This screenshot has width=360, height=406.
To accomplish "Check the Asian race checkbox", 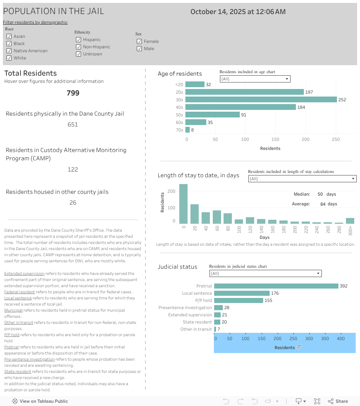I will (9, 36).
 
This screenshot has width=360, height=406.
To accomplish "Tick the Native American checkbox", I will (9, 51).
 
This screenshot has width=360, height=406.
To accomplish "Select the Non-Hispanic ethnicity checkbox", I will (78, 47).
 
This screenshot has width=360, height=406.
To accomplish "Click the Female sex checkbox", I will (139, 41).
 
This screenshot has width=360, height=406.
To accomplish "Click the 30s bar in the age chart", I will (261, 99).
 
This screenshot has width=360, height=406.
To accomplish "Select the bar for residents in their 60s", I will (196, 122).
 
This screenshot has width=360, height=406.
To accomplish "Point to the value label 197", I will (309, 92).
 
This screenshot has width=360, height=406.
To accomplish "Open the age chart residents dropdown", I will (255, 79).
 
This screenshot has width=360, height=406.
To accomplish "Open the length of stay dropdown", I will (302, 179).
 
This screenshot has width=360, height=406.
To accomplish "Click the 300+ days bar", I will (350, 221).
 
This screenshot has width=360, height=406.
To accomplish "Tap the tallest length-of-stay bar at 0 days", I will (183, 204).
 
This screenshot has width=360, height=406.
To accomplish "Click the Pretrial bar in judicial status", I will (276, 286).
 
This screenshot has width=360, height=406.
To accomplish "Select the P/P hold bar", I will (239, 300).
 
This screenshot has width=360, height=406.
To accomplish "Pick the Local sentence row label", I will (197, 293).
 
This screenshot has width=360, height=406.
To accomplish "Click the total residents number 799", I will (73, 93).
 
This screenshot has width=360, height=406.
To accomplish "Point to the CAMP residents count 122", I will (73, 169).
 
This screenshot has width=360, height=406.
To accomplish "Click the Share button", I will (338, 401).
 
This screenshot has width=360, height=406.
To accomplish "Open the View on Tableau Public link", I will (40, 401).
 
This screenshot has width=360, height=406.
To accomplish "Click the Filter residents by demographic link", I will (35, 22).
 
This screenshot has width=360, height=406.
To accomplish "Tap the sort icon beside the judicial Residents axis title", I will (299, 348).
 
